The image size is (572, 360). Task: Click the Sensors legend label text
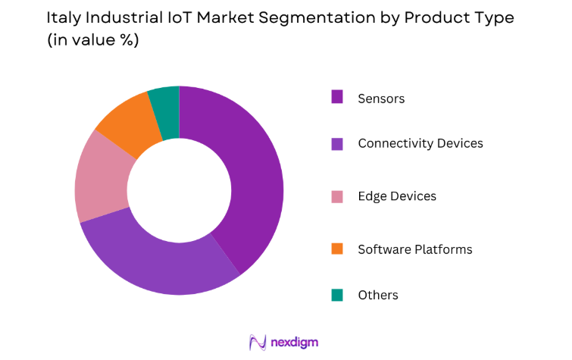381,99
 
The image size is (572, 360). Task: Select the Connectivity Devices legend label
420,143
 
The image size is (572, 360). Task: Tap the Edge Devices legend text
397,196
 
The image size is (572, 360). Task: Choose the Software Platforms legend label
414,249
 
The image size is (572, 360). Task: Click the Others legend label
377,295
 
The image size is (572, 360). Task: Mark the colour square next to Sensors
337,97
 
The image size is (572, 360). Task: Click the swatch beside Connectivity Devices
337,143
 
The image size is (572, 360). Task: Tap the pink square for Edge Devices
337,196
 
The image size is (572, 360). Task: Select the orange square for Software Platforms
337,249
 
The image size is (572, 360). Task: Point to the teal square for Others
337,295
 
